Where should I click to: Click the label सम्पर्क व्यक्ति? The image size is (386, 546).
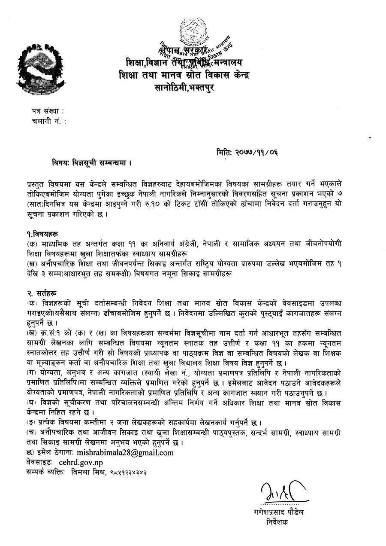45,472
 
